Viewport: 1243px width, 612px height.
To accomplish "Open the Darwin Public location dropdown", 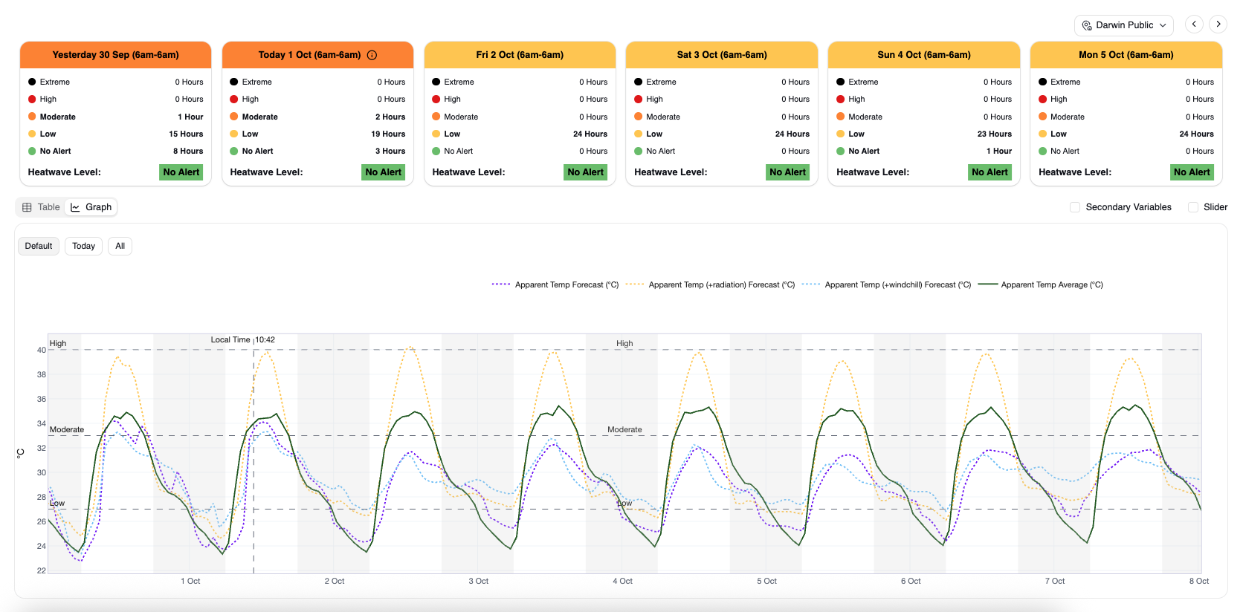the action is [1124, 25].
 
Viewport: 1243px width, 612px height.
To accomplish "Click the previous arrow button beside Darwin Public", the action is [1194, 25].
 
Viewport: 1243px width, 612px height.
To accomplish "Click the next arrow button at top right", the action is [1218, 25].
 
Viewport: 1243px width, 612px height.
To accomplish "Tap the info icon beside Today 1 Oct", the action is [372, 55].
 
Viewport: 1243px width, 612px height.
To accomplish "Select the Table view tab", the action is [41, 207].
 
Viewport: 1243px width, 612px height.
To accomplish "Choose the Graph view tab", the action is [91, 207].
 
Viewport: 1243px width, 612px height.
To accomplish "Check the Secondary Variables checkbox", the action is [1075, 207].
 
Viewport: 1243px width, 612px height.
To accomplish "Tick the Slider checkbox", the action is [1193, 207].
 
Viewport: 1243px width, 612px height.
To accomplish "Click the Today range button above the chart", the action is [84, 246].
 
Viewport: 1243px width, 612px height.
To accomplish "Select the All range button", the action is [120, 246].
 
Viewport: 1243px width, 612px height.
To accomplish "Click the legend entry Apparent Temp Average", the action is [1041, 285].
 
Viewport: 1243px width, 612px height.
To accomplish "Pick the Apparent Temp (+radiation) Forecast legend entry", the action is [710, 285].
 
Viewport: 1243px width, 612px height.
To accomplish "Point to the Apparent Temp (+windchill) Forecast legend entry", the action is [887, 285].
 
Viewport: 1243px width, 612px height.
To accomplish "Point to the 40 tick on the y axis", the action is [42, 350].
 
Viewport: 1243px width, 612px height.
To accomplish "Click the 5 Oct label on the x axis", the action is [767, 581].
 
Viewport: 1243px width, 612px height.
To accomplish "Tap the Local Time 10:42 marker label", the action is [242, 340].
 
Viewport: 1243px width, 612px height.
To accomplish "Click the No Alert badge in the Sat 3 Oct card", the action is [787, 172].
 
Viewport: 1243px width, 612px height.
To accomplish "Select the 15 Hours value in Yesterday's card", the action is [186, 134].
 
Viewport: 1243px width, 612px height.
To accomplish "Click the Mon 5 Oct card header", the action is [1126, 55].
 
